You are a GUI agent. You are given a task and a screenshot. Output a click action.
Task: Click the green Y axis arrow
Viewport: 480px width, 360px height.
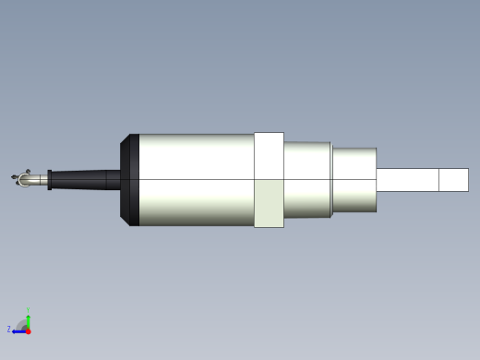click(x=28, y=318)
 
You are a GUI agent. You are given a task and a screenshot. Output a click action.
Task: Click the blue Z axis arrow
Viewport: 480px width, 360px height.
click(x=18, y=330)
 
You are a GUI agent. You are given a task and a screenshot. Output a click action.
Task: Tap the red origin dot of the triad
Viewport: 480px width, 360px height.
click(x=28, y=330)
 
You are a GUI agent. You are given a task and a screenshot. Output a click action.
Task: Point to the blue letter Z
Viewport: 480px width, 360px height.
click(x=9, y=329)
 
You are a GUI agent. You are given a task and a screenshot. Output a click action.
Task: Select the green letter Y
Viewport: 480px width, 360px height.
click(x=28, y=309)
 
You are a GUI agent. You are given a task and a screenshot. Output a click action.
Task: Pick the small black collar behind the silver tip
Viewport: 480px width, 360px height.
click(x=49, y=179)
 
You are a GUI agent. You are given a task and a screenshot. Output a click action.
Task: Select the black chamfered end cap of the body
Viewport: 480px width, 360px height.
click(x=131, y=180)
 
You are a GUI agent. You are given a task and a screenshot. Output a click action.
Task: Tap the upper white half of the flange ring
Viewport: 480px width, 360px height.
click(x=269, y=155)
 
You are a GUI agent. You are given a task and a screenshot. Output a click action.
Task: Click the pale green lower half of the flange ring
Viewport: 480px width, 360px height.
click(x=269, y=203)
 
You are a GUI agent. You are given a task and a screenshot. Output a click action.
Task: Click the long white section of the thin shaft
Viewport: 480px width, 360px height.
click(x=406, y=180)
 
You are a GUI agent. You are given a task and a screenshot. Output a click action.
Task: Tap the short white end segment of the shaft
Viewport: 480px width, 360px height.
click(x=453, y=180)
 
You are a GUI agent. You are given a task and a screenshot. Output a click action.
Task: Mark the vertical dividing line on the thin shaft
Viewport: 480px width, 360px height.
click(x=438, y=180)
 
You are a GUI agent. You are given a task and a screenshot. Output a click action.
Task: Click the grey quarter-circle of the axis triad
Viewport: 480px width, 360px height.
click(x=23, y=324)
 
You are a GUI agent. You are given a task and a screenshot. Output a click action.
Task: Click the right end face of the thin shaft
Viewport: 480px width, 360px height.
click(x=468, y=180)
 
